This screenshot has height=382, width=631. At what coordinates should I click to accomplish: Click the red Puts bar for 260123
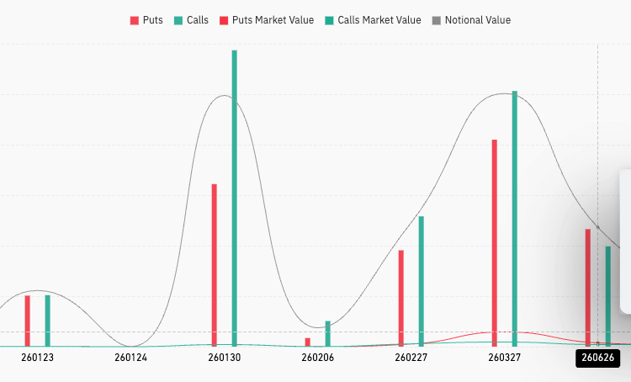click(x=27, y=321)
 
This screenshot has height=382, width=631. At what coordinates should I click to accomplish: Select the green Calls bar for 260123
click(x=47, y=321)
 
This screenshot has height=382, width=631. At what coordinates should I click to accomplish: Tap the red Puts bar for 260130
click(x=215, y=265)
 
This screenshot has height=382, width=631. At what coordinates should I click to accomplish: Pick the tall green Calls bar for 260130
click(x=234, y=199)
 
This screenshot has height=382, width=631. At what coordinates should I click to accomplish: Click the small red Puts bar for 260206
click(x=308, y=342)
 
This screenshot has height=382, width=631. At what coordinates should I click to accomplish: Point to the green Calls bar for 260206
click(x=327, y=333)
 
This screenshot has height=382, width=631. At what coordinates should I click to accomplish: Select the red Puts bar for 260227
click(x=401, y=298)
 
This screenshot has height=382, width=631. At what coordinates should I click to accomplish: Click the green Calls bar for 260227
click(x=421, y=281)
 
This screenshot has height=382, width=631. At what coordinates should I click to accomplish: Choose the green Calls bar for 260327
click(x=514, y=219)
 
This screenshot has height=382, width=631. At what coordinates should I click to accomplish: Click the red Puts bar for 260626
click(x=588, y=287)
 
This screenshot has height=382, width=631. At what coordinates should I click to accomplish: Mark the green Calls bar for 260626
click(x=607, y=295)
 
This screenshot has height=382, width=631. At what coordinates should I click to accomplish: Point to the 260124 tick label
click(x=130, y=358)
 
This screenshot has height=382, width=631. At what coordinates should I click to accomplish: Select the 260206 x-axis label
click(x=317, y=358)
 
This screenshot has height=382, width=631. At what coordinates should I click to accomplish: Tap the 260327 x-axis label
click(x=504, y=358)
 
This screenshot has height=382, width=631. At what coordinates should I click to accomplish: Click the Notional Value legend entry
click(x=477, y=20)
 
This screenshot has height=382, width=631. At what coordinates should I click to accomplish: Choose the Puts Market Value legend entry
click(x=268, y=20)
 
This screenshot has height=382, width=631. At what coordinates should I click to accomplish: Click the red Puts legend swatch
click(x=135, y=20)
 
